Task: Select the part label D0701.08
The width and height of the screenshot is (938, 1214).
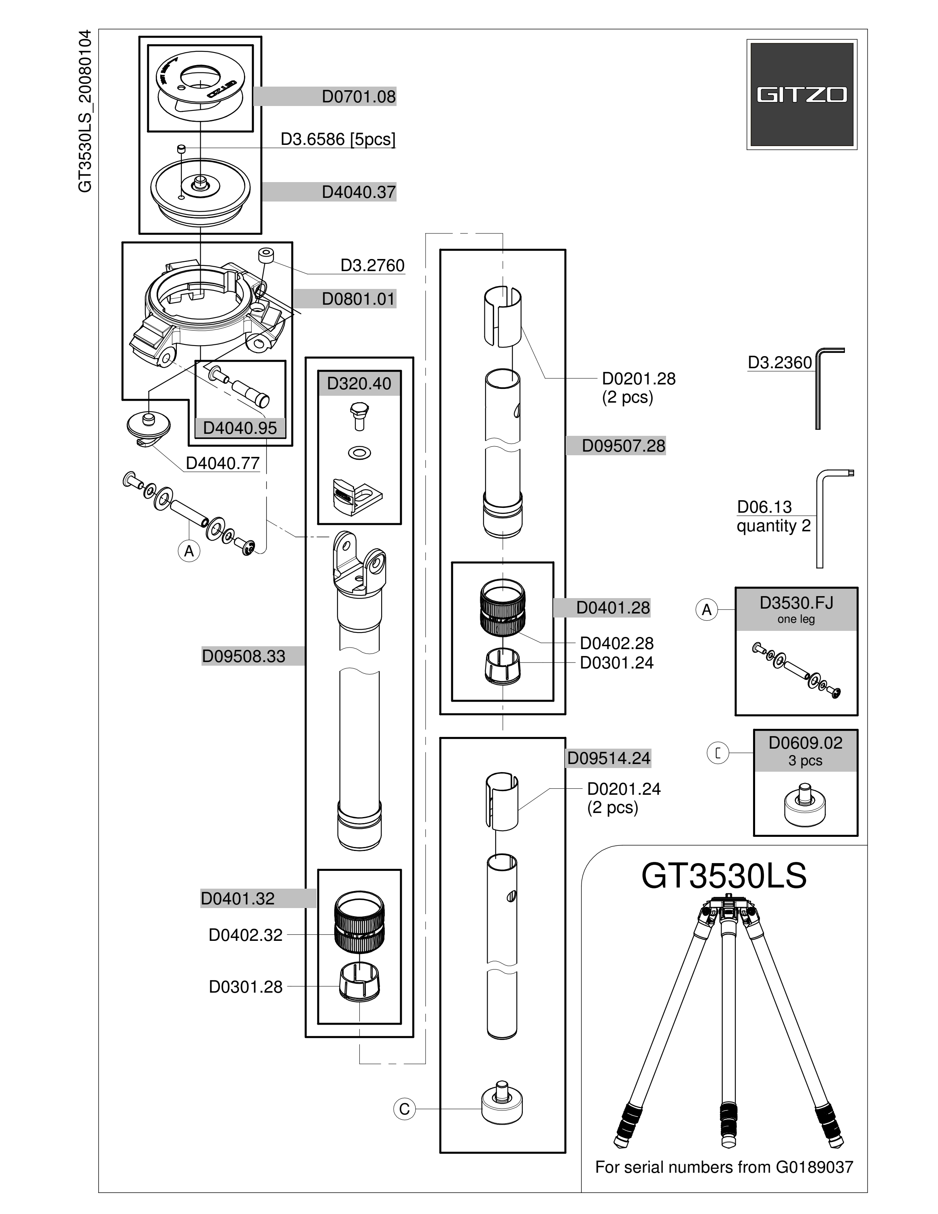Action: pyautogui.click(x=359, y=97)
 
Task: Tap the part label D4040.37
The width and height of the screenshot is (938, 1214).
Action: pyautogui.click(x=359, y=192)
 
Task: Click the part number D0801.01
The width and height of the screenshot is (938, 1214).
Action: pyautogui.click(x=359, y=299)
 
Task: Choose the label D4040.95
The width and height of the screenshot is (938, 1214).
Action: pyautogui.click(x=240, y=428)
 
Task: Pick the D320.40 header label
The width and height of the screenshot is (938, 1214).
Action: pyautogui.click(x=359, y=384)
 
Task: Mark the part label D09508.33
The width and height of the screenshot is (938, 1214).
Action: pyautogui.click(x=243, y=656)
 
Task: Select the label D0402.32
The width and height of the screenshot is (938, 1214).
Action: pyautogui.click(x=246, y=935)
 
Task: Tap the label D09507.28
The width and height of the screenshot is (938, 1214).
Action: pyautogui.click(x=624, y=446)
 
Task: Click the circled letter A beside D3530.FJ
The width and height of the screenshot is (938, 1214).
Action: pyautogui.click(x=707, y=610)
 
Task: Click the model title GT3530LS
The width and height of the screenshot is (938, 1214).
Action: pyautogui.click(x=724, y=877)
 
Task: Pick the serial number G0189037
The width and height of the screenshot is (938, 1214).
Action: pyautogui.click(x=814, y=1167)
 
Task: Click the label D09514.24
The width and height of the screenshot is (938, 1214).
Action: pyautogui.click(x=609, y=759)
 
